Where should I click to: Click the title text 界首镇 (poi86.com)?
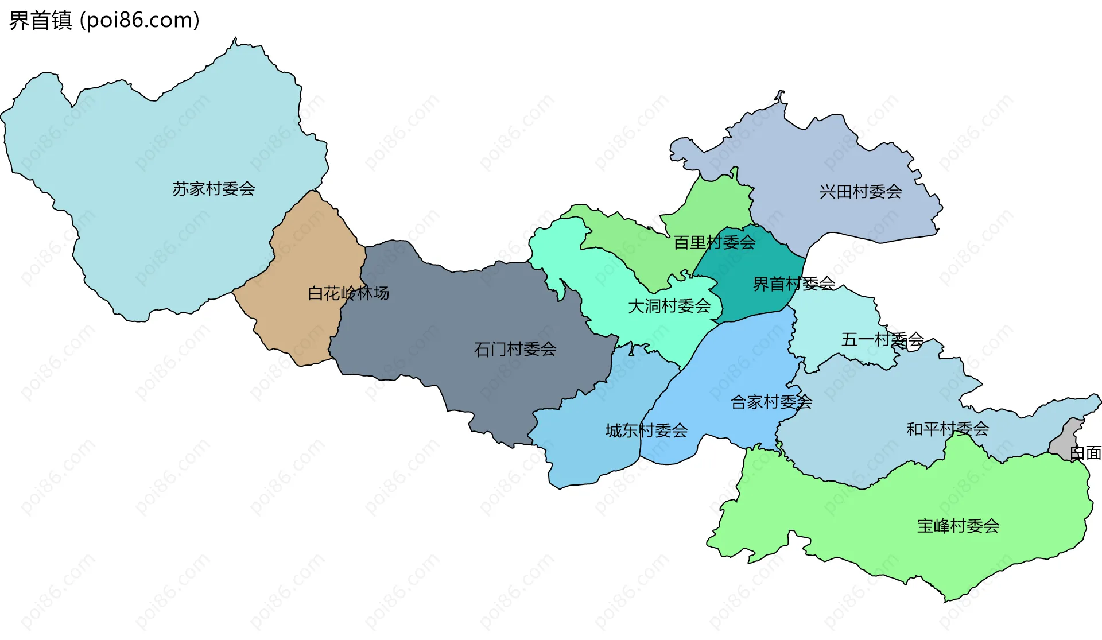click(104, 21)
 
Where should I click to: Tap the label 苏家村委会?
click(214, 189)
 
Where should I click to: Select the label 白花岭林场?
click(348, 293)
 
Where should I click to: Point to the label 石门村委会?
click(515, 349)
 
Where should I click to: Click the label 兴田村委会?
click(860, 192)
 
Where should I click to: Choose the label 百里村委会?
click(714, 243)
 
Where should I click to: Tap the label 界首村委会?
click(794, 284)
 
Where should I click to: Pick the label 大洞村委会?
click(669, 307)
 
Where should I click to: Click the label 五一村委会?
click(882, 340)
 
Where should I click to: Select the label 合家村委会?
click(771, 402)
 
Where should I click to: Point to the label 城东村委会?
click(646, 430)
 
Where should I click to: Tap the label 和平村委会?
click(947, 429)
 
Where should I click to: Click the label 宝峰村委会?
click(958, 526)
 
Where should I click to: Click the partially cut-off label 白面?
click(1085, 453)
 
